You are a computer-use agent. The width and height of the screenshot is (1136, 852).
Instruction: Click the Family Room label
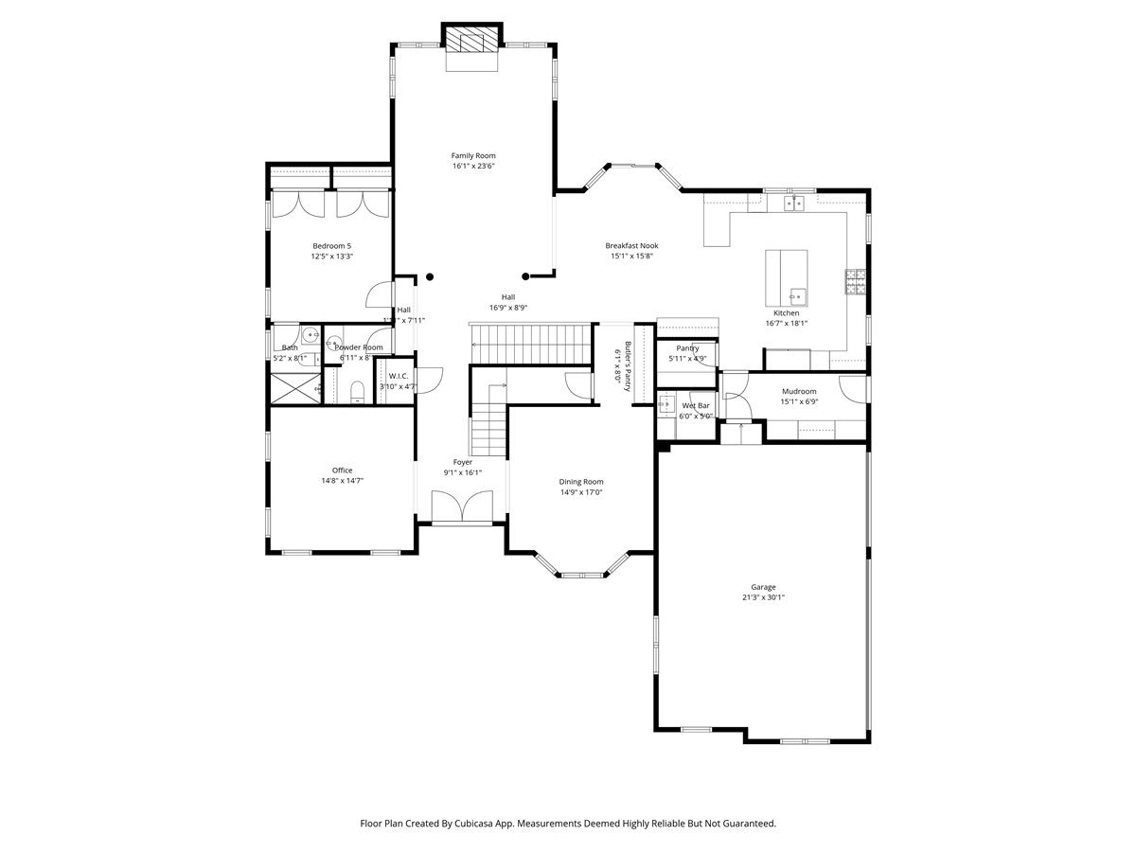[x=472, y=155]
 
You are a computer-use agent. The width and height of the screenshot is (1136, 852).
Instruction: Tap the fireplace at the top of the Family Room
[x=471, y=40]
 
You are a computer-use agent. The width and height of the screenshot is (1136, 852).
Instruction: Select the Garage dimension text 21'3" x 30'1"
[x=763, y=597]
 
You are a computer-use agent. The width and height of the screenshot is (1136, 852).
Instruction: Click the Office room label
[x=342, y=470]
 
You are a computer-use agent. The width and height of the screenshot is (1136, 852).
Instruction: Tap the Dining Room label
[x=581, y=481]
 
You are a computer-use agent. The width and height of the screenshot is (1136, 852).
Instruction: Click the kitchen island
[x=787, y=277]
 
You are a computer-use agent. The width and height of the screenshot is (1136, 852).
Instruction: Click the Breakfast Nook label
[x=631, y=245]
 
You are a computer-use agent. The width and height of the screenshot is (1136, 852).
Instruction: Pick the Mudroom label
[x=799, y=391]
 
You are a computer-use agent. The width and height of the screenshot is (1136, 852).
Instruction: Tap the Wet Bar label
[x=696, y=405]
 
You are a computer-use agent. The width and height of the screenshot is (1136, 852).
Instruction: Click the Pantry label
[x=687, y=348]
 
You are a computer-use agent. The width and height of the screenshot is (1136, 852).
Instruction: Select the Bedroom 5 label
[x=331, y=245]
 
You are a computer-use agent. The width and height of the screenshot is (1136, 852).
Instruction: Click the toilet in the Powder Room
[x=357, y=391]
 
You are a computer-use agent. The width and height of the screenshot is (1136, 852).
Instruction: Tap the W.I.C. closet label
[x=398, y=375]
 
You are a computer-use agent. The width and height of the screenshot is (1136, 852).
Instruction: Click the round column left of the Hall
[x=430, y=277]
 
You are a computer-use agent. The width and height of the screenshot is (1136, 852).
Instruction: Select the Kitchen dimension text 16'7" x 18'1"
[x=786, y=323]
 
